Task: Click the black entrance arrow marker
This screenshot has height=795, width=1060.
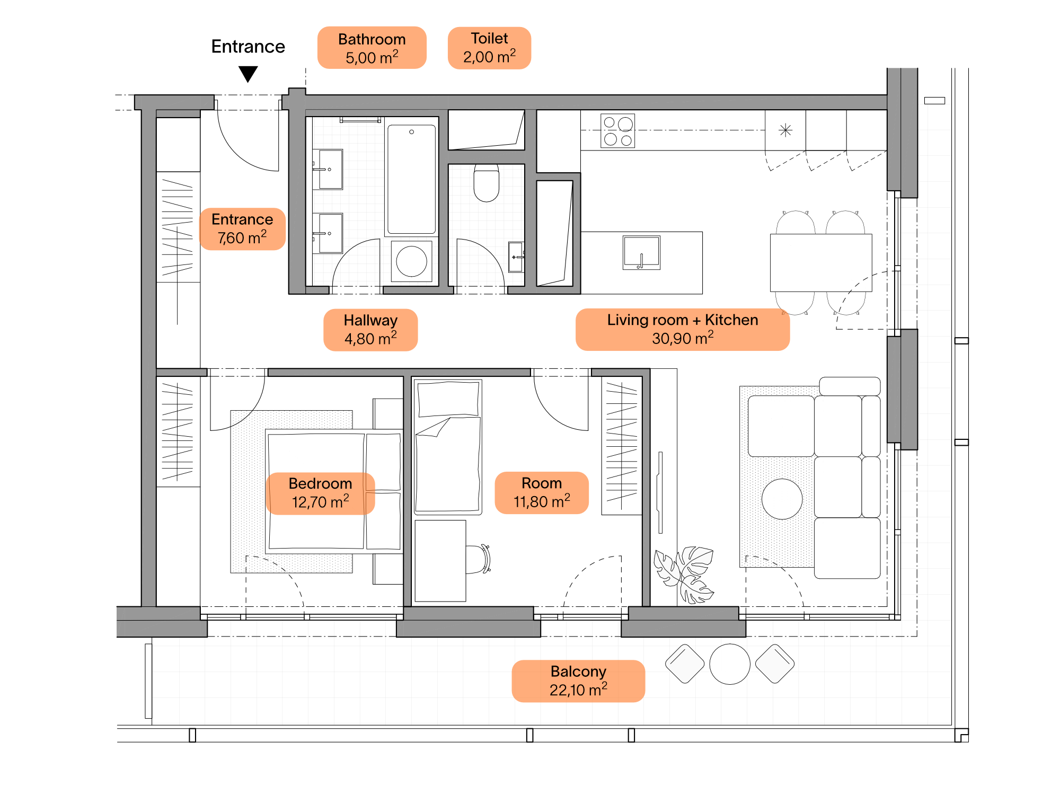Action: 248,74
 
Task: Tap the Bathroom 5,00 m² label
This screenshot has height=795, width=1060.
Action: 372,48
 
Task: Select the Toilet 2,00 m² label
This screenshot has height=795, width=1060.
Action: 489,48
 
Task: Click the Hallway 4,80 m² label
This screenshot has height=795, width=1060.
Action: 370,330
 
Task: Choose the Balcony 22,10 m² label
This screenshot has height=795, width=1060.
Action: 578,681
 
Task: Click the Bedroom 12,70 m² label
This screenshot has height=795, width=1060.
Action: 320,493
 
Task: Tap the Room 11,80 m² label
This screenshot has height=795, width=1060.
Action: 542,492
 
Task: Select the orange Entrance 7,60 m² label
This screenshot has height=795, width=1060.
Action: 242,229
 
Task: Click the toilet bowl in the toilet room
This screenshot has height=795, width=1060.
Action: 487,183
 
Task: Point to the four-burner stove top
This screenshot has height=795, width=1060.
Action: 618,131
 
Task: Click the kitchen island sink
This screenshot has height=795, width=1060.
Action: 641,253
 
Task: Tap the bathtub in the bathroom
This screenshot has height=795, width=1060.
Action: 411,179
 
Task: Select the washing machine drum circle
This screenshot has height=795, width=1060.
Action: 412,261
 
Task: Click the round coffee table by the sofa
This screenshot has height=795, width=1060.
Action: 782,499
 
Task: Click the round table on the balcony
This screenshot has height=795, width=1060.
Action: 730,664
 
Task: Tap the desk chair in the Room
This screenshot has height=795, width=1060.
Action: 479,559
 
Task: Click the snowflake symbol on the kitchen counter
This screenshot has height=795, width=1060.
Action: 785,130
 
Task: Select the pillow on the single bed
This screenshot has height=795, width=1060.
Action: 448,399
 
